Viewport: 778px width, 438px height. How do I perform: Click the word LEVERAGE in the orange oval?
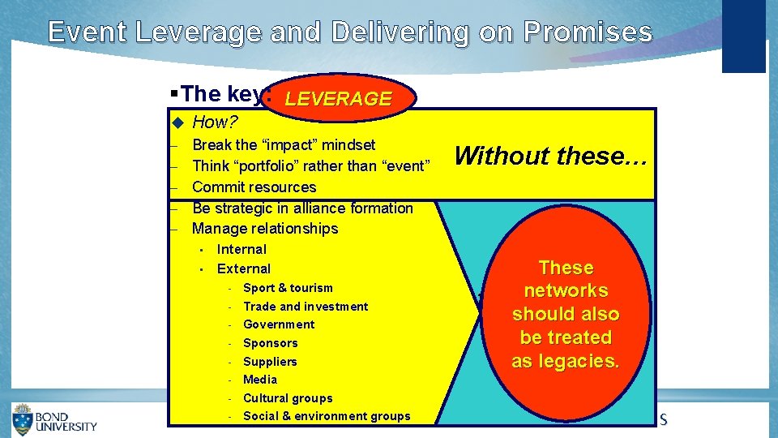(x=338, y=99)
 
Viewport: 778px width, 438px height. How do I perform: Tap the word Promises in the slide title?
(x=588, y=32)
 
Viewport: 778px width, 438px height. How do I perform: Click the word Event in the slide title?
(x=87, y=32)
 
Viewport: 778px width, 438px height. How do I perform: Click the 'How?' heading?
(x=214, y=122)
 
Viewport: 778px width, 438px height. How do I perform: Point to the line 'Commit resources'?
(x=254, y=187)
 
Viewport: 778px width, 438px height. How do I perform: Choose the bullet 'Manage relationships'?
(x=265, y=229)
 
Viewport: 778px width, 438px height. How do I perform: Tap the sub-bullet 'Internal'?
(x=242, y=249)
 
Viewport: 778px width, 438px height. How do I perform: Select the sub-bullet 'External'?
(x=244, y=268)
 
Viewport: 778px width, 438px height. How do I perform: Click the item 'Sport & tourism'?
(x=288, y=288)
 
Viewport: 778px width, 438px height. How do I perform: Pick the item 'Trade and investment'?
(x=306, y=307)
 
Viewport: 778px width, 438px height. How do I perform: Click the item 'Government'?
(x=279, y=324)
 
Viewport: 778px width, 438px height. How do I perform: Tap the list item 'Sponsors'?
(x=271, y=343)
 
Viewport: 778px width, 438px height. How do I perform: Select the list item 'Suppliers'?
(x=270, y=362)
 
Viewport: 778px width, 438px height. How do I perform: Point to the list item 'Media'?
(x=260, y=380)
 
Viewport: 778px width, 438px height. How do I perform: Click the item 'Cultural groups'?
(x=288, y=398)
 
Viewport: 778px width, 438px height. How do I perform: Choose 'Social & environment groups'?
(x=327, y=416)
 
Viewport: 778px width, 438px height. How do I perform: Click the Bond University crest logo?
(x=23, y=419)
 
